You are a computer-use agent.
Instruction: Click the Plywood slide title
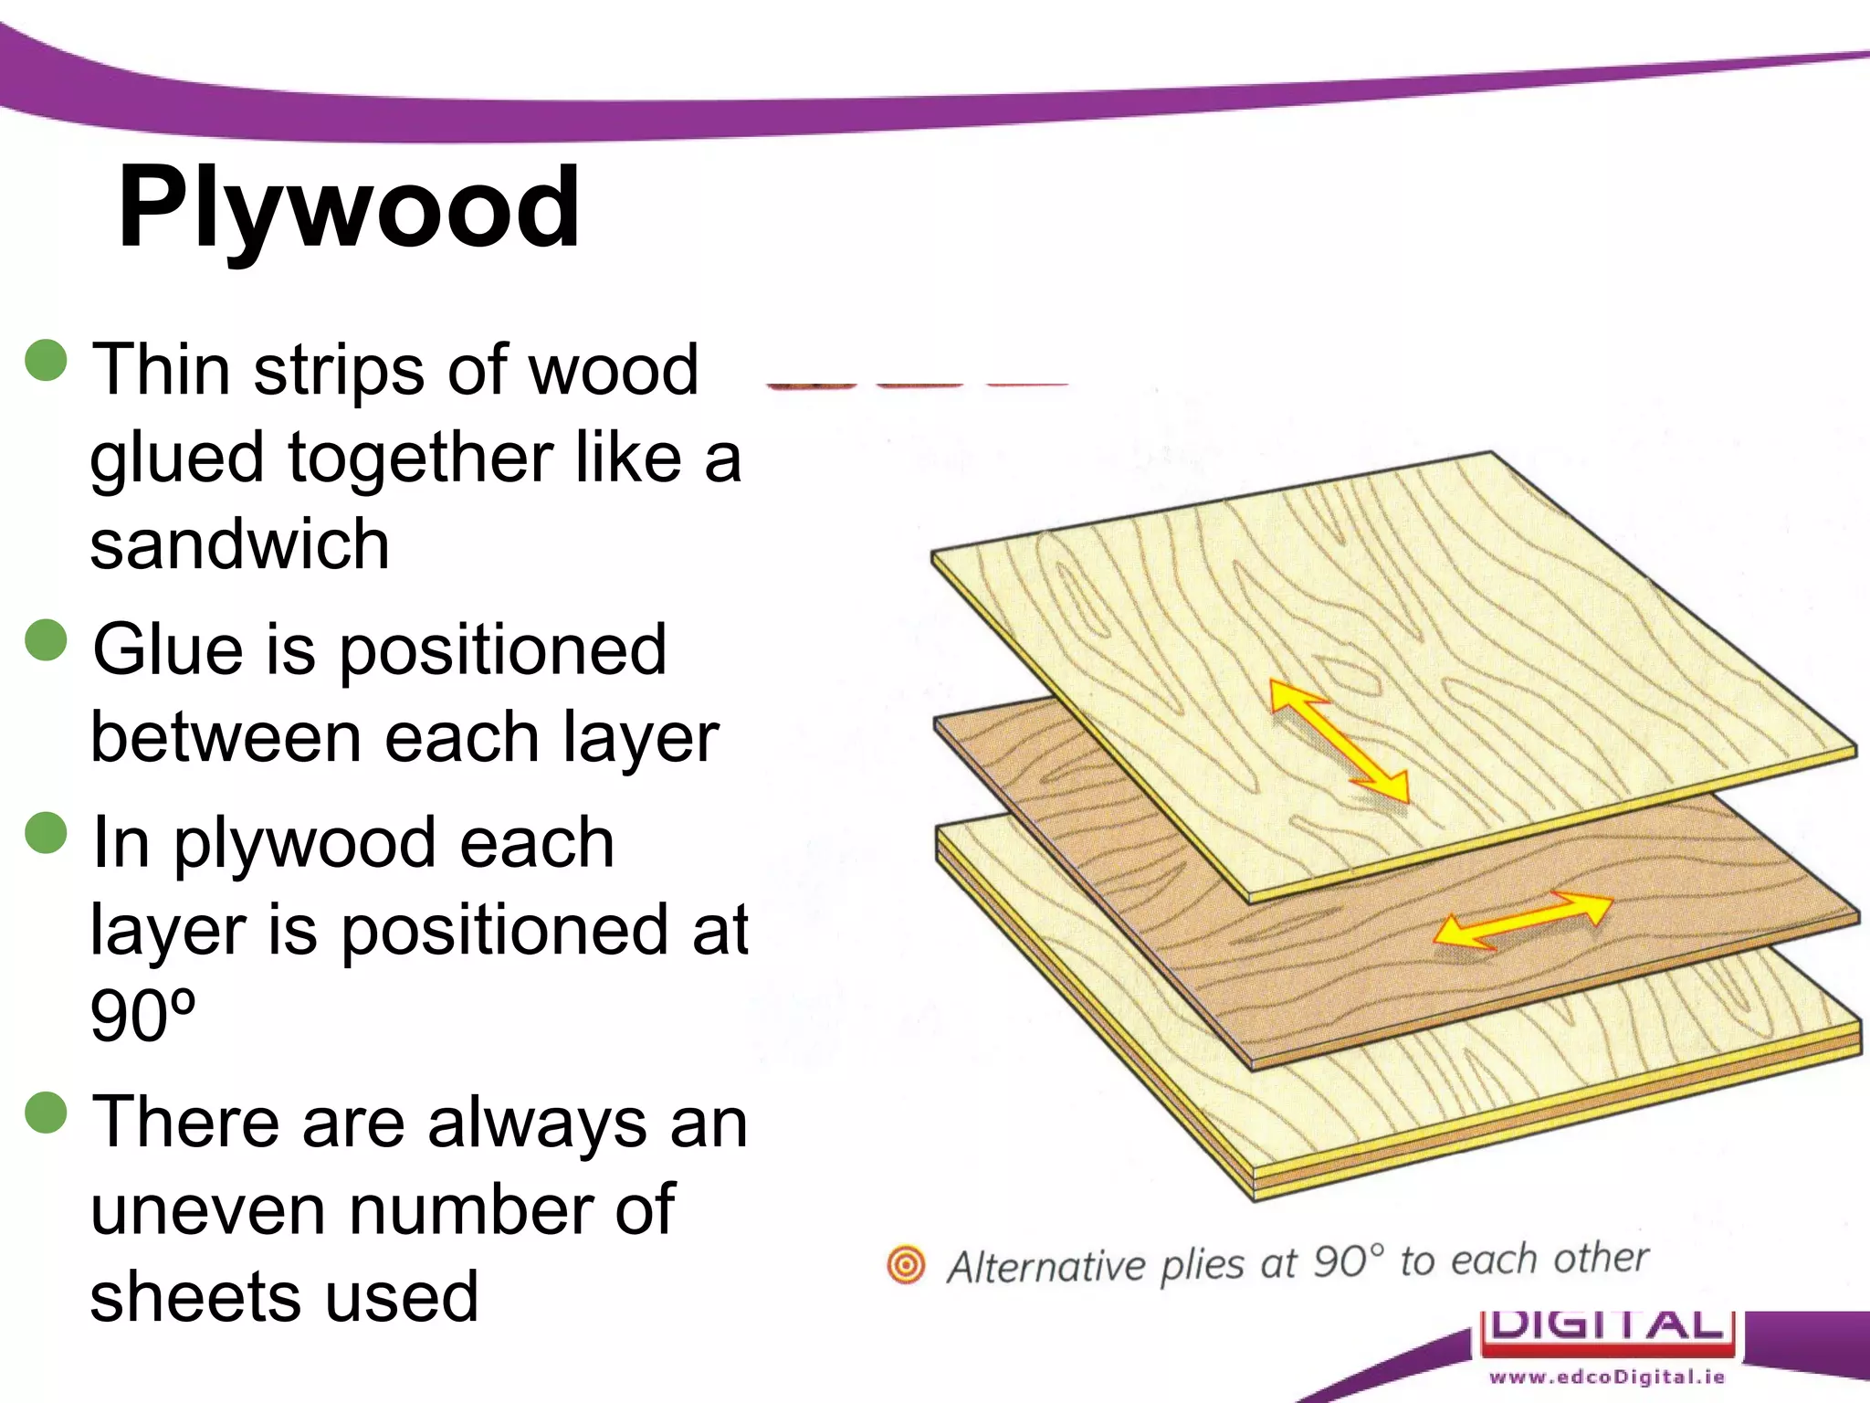(348, 208)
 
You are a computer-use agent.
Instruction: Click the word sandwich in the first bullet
(240, 544)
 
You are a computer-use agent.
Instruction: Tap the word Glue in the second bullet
(168, 649)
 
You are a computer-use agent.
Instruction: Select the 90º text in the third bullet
(142, 1016)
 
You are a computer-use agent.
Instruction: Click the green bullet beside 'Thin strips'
(47, 360)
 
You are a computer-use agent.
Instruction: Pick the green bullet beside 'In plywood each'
(47, 832)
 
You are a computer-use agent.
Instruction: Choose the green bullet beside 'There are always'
(47, 1113)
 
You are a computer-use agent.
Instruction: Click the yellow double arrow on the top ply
(1339, 741)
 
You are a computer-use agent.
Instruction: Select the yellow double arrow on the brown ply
(1522, 919)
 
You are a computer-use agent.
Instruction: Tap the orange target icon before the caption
(906, 1265)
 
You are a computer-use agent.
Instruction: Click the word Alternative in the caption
(1045, 1267)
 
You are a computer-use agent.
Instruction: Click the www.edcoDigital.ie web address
(1607, 1377)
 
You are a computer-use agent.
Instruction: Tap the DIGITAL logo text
(1607, 1325)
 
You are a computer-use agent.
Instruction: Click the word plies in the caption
(1202, 1265)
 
